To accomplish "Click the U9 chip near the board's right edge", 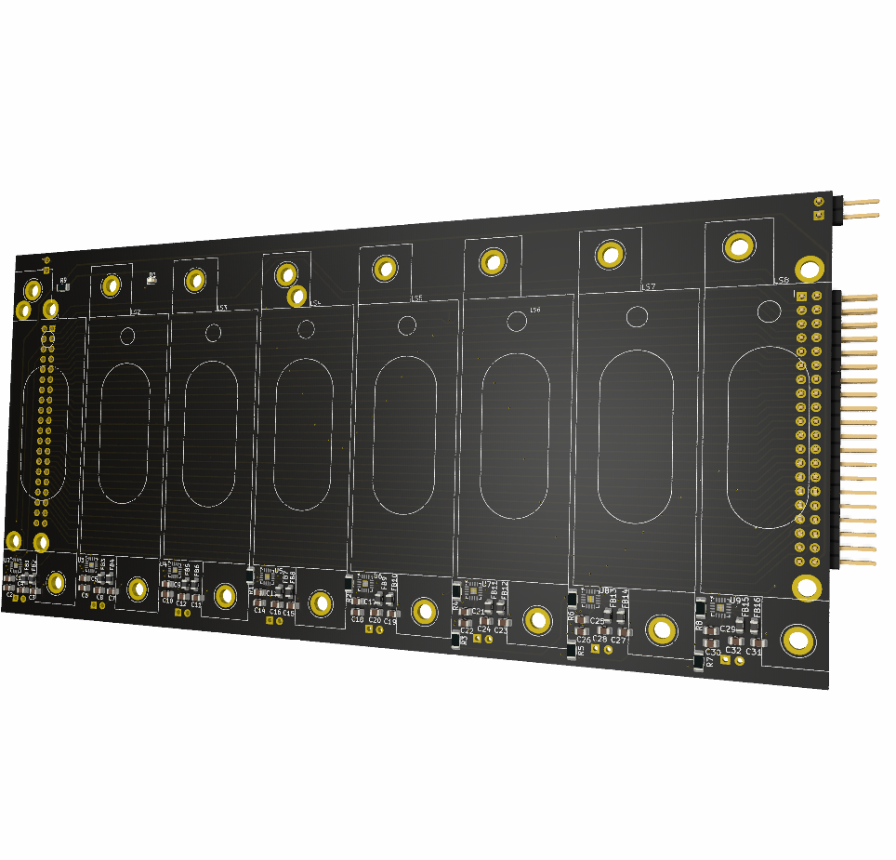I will pyautogui.click(x=719, y=607).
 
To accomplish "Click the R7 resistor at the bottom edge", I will pyautogui.click(x=699, y=662).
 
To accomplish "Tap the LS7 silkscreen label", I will pyautogui.click(x=649, y=287).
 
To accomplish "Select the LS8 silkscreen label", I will pyautogui.click(x=782, y=279).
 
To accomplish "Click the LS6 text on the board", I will pyautogui.click(x=534, y=310).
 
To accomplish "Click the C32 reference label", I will pyautogui.click(x=733, y=651).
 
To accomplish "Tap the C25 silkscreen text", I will pyautogui.click(x=597, y=620).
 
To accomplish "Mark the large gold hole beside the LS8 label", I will pyautogui.click(x=809, y=270).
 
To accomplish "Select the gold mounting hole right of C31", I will pyautogui.click(x=797, y=639).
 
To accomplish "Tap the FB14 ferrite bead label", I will pyautogui.click(x=626, y=597).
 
